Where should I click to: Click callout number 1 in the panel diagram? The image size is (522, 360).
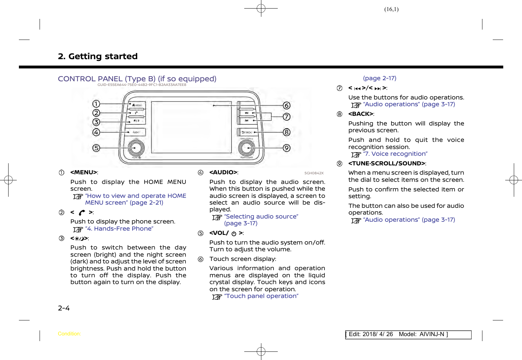tap(96, 104)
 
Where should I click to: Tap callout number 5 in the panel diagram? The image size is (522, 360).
tap(96, 148)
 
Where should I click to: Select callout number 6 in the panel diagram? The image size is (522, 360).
tap(286, 106)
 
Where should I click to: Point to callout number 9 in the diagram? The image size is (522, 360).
tap(286, 148)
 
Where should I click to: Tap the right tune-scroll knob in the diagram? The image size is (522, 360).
tap(246, 148)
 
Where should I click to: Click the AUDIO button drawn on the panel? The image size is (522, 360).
tap(136, 132)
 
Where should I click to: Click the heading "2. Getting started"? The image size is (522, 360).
tap(98, 56)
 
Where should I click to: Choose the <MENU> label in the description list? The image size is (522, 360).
tap(84, 173)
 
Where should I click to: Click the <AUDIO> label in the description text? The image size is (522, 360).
tap(223, 173)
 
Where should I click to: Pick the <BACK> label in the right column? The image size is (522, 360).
tap(361, 114)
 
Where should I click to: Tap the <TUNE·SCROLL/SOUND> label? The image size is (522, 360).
tap(387, 164)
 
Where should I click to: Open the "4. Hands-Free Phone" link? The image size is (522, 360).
tap(119, 229)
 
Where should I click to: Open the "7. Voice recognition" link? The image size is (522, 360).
tap(395, 154)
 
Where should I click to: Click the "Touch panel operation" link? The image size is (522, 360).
tap(261, 296)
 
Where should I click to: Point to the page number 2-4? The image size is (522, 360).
tap(64, 308)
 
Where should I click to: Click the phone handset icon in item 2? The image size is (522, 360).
tap(82, 213)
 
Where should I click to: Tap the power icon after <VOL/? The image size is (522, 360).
tap(234, 234)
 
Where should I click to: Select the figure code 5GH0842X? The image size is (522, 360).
tap(314, 173)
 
